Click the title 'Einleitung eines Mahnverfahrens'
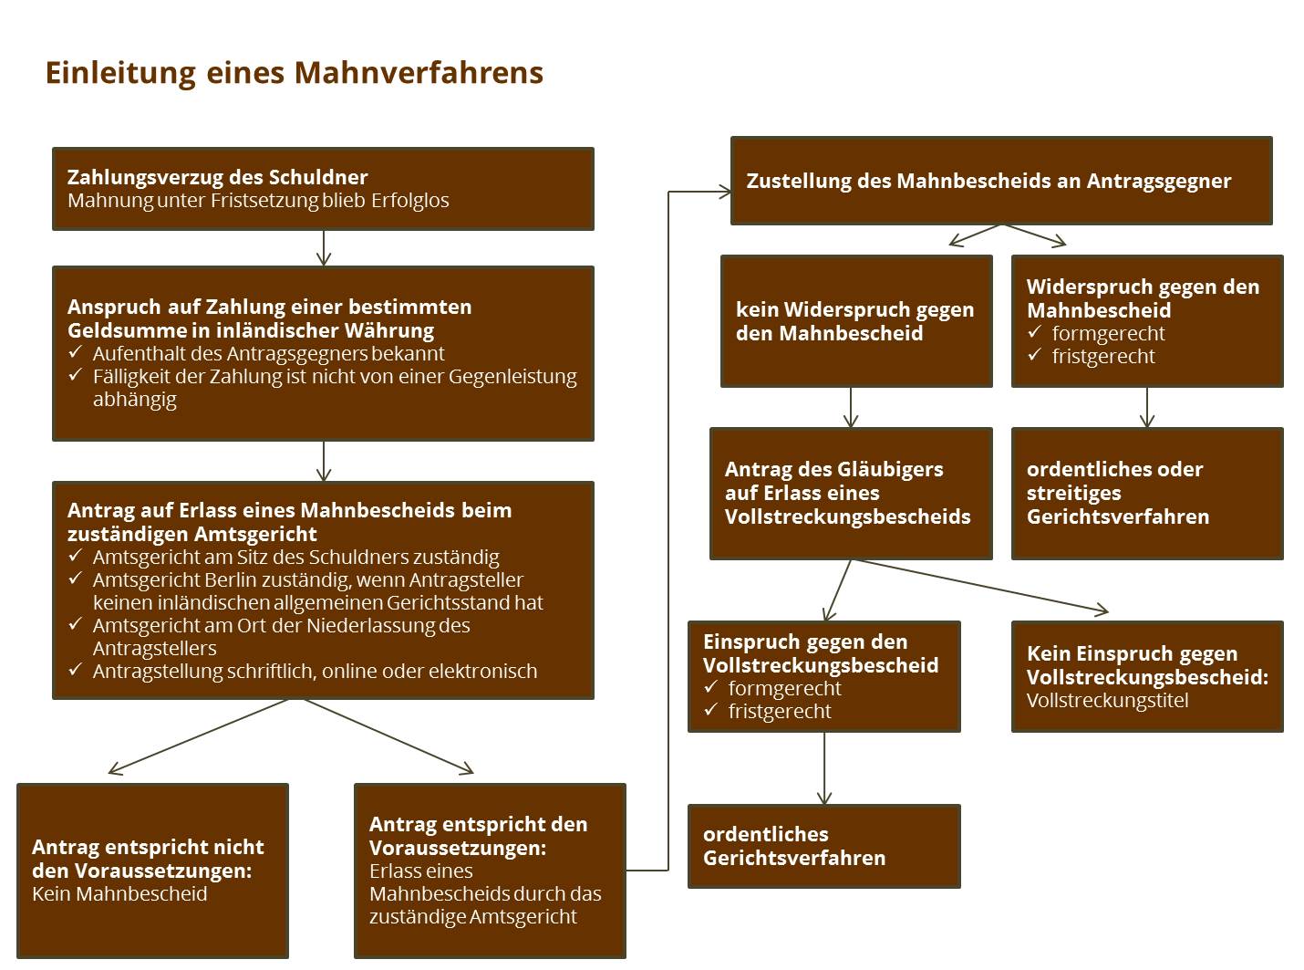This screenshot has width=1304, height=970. point(294,73)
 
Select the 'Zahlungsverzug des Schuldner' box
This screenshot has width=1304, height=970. point(323,188)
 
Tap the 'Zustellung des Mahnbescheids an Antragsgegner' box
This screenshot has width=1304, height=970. point(1001,180)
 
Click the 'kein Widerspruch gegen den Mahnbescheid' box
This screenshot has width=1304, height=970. point(856,321)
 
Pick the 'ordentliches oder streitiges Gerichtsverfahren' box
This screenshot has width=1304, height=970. point(1147,494)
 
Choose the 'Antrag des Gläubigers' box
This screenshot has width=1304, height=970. point(851,494)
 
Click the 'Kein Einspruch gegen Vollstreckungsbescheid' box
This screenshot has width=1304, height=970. point(1147,676)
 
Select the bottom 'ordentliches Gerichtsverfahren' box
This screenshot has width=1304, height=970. point(823,846)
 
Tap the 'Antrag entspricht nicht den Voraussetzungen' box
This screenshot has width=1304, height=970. point(152,871)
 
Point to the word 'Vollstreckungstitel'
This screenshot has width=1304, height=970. point(1107,701)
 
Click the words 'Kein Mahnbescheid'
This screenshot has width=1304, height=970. point(119,893)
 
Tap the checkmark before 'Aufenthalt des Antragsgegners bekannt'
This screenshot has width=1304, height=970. point(75,352)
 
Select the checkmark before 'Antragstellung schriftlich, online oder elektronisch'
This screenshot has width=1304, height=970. point(75,669)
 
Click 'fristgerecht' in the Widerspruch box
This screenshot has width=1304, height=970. point(1103,357)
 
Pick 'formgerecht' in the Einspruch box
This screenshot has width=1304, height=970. point(784,689)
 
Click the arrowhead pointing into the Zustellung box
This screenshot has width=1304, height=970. point(726,192)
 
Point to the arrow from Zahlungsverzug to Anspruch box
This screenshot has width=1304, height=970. point(324,248)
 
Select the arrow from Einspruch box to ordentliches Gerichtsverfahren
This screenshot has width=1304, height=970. point(824,768)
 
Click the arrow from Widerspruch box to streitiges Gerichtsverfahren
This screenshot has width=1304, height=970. point(1147,407)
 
